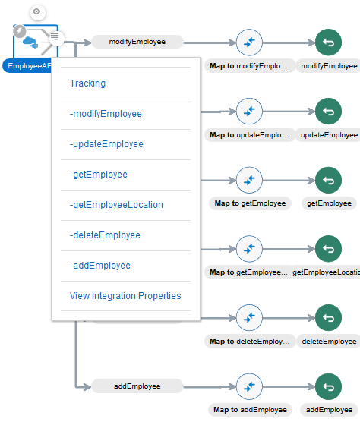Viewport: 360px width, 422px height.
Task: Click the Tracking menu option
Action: pos(88,83)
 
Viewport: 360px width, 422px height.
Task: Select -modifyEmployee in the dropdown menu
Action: pos(105,114)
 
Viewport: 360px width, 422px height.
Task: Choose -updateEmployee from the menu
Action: pos(106,144)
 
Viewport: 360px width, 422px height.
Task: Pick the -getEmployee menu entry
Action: pos(99,175)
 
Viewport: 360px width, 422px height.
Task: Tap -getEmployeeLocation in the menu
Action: pos(115,205)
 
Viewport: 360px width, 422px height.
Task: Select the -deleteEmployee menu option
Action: pos(104,235)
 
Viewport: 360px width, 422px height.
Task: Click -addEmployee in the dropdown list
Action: pos(99,266)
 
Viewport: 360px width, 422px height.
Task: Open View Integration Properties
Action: pos(125,296)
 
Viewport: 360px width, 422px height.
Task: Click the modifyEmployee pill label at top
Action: pos(137,42)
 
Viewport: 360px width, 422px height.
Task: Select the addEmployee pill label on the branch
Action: pos(137,386)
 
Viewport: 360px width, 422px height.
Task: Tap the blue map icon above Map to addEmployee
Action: pos(249,386)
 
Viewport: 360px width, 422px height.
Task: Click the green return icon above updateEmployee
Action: pos(329,111)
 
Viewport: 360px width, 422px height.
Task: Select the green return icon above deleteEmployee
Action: pos(329,317)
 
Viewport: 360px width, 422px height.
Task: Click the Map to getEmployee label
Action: pos(250,203)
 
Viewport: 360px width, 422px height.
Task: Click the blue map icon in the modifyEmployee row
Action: pos(249,42)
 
